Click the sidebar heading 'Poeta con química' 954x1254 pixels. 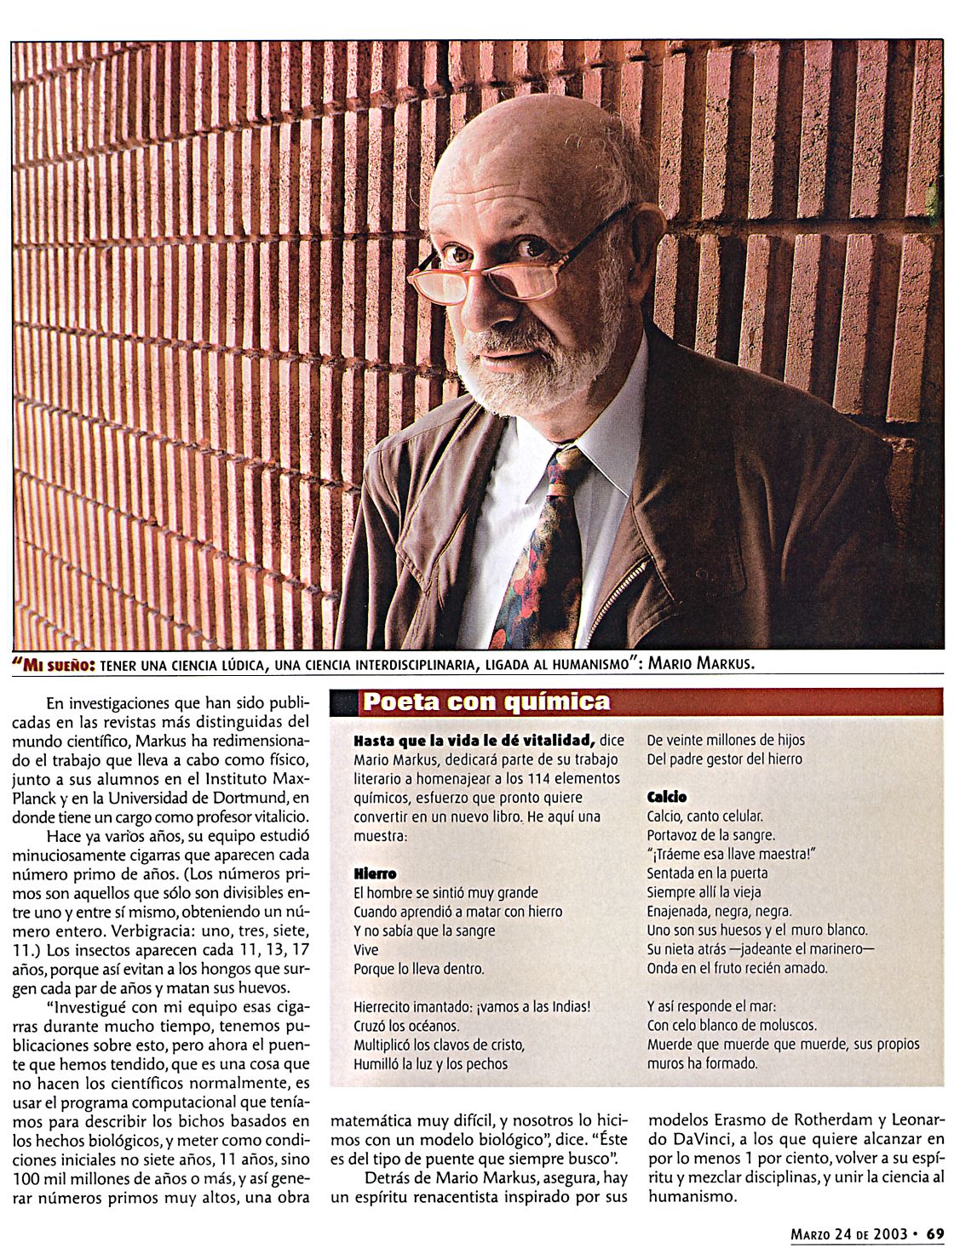[x=486, y=701]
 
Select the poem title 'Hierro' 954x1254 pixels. [x=375, y=873]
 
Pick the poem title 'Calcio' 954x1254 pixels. [x=667, y=797]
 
